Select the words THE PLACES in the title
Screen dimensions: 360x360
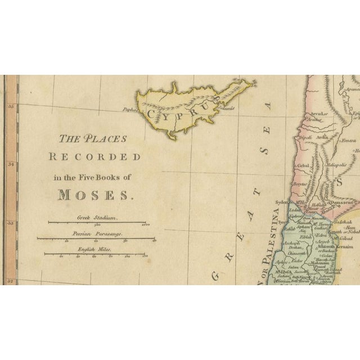pyautogui.click(x=94, y=138)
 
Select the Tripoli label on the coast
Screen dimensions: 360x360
pyautogui.click(x=306, y=135)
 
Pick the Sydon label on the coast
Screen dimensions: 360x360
pyautogui.click(x=282, y=201)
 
